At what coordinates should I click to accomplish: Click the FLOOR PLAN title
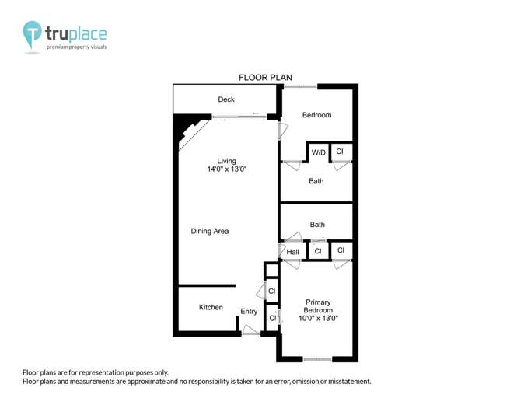click(x=264, y=77)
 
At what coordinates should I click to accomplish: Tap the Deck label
click(x=226, y=99)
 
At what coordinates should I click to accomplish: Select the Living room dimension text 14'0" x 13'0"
click(x=228, y=169)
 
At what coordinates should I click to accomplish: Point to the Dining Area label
click(x=210, y=231)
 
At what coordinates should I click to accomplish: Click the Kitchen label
click(x=211, y=307)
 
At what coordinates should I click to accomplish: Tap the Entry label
click(x=249, y=312)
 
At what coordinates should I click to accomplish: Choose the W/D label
click(x=319, y=153)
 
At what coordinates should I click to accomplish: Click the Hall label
click(x=293, y=252)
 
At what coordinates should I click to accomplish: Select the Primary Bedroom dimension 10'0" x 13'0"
click(x=318, y=318)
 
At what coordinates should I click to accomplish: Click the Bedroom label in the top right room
click(x=316, y=115)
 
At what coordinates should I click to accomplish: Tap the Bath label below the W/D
click(x=316, y=181)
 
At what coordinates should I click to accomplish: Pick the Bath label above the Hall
click(x=317, y=225)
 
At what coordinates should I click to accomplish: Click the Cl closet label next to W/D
click(x=340, y=151)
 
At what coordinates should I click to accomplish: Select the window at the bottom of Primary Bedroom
click(x=318, y=358)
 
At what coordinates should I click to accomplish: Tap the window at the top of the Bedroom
click(x=299, y=86)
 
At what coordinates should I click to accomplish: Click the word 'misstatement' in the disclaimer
click(x=348, y=382)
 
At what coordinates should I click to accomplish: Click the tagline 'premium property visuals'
click(x=76, y=47)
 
